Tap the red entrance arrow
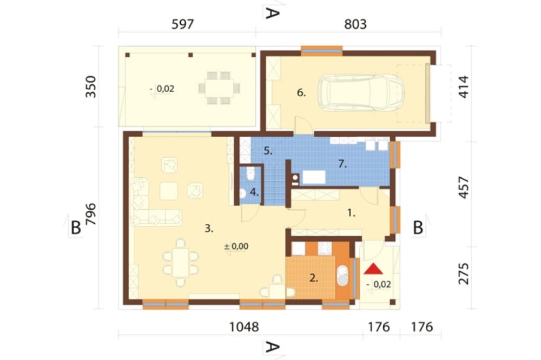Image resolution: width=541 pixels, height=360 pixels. (373, 269)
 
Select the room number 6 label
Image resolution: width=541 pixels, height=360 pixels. (301, 92)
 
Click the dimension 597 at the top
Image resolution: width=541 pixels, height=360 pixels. (182, 24)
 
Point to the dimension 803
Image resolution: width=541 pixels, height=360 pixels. (355, 24)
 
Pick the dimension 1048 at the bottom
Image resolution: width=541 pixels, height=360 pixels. (245, 327)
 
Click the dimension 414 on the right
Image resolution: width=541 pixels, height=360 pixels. (464, 87)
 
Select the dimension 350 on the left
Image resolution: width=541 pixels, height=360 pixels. (91, 86)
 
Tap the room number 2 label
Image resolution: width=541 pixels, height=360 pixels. (314, 278)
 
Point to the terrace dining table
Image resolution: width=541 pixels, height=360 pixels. (220, 88)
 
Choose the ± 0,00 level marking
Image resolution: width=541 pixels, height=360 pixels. (236, 246)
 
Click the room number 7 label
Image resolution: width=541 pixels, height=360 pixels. (342, 164)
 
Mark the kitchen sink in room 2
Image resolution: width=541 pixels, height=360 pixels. (342, 276)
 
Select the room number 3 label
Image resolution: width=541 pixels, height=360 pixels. (209, 228)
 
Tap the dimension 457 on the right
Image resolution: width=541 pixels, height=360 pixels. (464, 188)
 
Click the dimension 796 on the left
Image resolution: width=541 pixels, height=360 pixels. (91, 214)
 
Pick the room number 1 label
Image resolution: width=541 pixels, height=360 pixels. (351, 213)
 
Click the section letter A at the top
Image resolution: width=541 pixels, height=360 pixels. (272, 13)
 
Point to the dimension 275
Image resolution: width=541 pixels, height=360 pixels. (464, 274)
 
